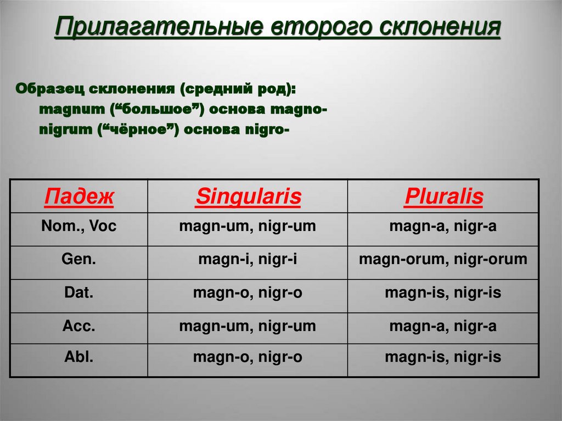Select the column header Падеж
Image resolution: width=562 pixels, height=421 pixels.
coord(79,197)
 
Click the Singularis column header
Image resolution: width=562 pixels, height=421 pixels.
coord(248,197)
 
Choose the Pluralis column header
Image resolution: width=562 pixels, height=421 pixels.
coord(443,197)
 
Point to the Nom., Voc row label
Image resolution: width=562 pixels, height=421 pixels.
coord(79,226)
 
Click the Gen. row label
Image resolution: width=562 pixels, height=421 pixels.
coord(79,259)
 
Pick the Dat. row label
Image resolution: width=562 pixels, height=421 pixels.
coord(79,293)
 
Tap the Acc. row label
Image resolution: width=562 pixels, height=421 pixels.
coord(79,326)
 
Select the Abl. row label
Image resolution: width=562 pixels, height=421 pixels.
coord(79,357)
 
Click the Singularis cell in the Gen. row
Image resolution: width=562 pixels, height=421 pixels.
coord(248,259)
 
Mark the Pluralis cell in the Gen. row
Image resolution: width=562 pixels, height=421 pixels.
coord(443,259)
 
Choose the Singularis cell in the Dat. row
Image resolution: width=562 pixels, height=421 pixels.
coord(248,293)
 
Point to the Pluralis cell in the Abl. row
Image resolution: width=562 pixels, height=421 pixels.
coord(443,357)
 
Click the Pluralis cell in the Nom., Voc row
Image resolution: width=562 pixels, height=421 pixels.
coord(443,226)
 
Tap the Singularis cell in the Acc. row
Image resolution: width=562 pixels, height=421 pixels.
coord(248,326)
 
